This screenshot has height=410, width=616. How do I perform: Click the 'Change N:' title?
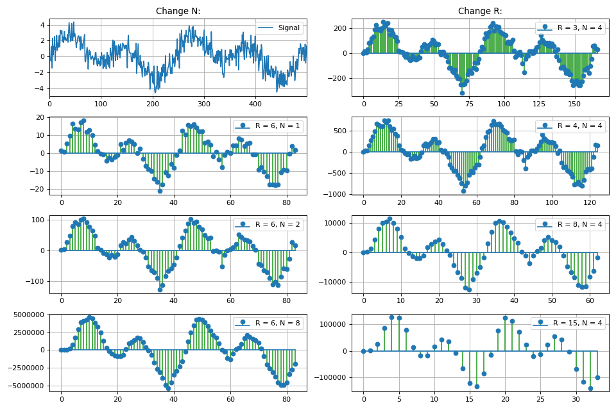point(178,11)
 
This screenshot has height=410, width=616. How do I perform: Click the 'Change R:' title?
point(480,11)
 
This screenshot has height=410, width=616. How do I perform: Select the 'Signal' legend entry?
point(279,28)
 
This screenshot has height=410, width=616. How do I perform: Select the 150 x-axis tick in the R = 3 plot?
point(575,103)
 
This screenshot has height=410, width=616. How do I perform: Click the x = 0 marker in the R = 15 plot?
point(363,351)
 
